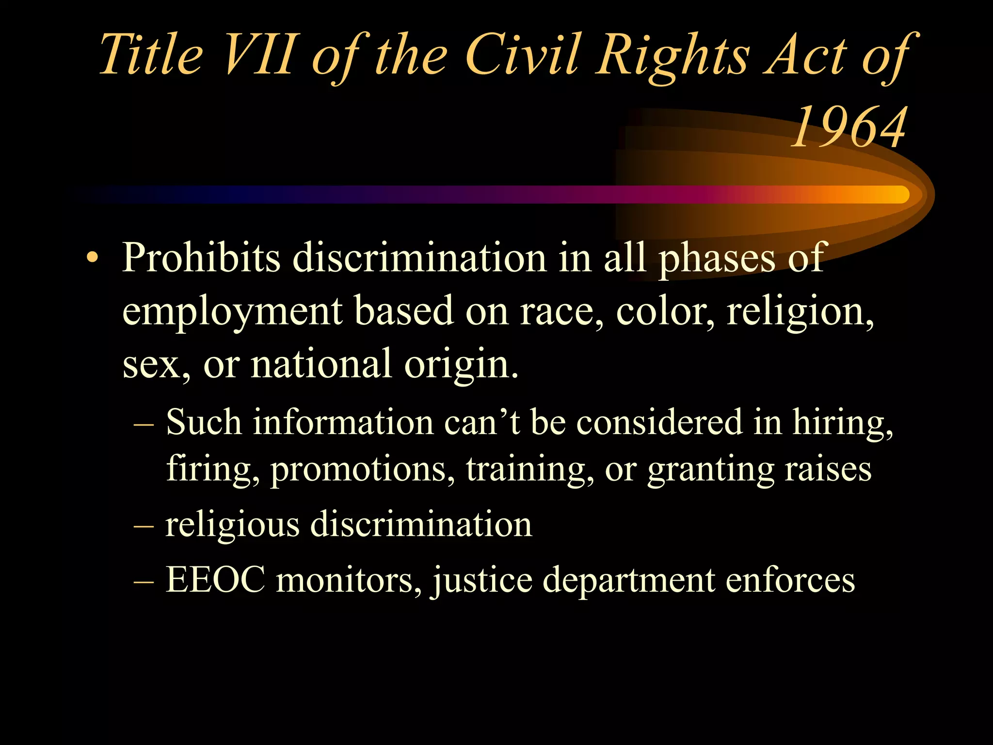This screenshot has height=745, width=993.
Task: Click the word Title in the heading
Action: point(151,54)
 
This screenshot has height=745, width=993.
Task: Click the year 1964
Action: point(849,127)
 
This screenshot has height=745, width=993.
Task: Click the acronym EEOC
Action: point(215,579)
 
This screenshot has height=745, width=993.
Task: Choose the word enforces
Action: point(790,579)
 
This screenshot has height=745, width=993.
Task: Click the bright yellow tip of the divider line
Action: point(897,194)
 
